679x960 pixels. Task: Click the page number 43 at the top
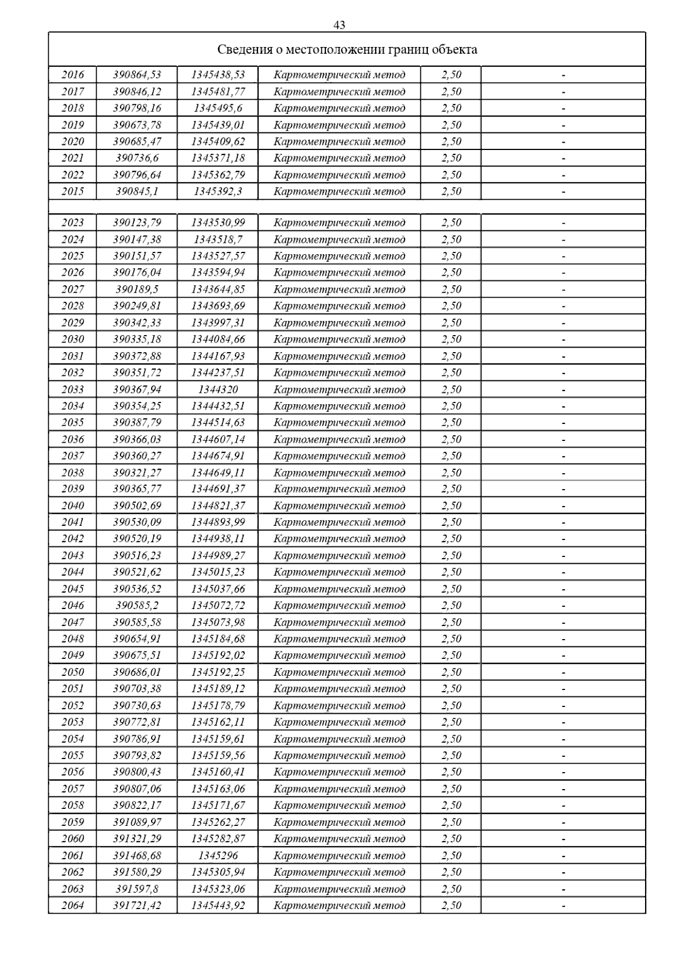point(339,25)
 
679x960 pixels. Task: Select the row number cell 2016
point(72,75)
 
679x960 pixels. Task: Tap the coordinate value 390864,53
point(137,75)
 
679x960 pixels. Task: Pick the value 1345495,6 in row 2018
point(218,108)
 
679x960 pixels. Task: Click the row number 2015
point(72,191)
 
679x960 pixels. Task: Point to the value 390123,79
point(137,222)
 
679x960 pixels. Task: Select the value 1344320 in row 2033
point(218,389)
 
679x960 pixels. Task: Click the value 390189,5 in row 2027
point(137,289)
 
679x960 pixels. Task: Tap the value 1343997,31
point(218,323)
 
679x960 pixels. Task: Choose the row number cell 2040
point(72,505)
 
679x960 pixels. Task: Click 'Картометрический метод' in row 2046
point(339,606)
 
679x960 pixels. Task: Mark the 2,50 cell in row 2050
point(452,672)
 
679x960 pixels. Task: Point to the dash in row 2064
point(563,906)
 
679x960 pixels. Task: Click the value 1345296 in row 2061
point(218,856)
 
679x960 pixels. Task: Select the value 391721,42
point(137,906)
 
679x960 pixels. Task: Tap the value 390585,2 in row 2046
point(137,606)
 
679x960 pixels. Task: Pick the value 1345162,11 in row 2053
point(218,722)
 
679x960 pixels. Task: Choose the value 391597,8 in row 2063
point(137,889)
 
